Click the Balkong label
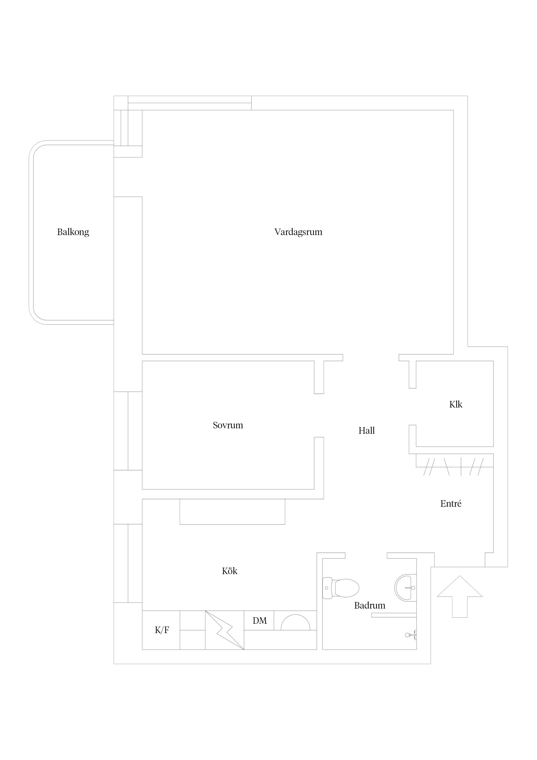[x=73, y=232]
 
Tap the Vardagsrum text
[x=298, y=232]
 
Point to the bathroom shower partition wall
[x=394, y=615]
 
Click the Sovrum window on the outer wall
[x=128, y=431]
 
